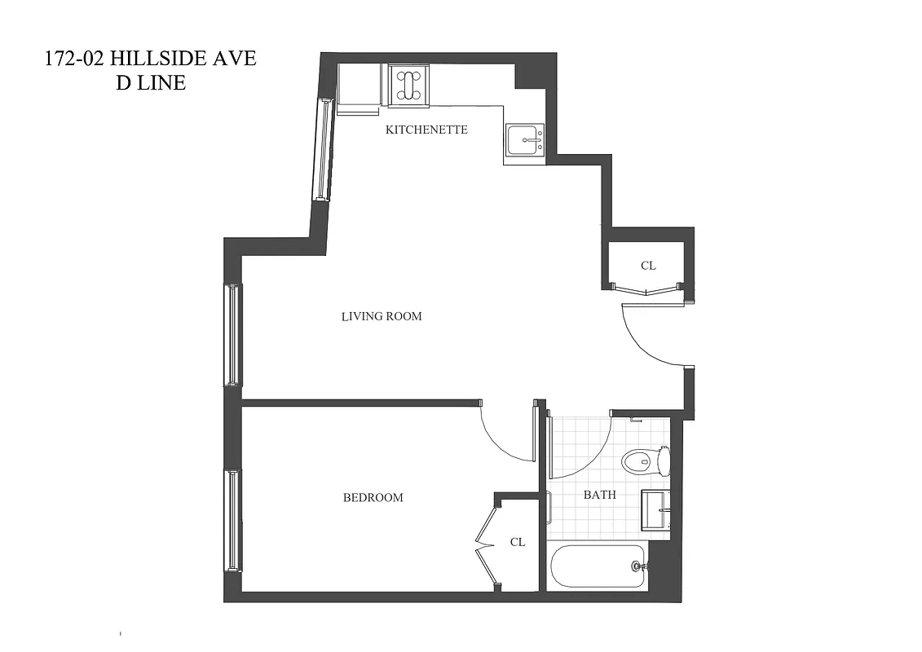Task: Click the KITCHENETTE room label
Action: [426, 130]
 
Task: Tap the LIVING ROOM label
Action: [382, 316]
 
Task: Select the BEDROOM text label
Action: [373, 497]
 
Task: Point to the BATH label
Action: [599, 495]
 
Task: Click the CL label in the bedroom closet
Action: [518, 542]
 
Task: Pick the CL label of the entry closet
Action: [648, 266]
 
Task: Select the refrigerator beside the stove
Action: [360, 86]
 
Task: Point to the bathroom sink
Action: [656, 510]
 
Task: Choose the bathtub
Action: [598, 566]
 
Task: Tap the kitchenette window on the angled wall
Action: [323, 149]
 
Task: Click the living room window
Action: [233, 334]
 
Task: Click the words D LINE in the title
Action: [152, 82]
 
